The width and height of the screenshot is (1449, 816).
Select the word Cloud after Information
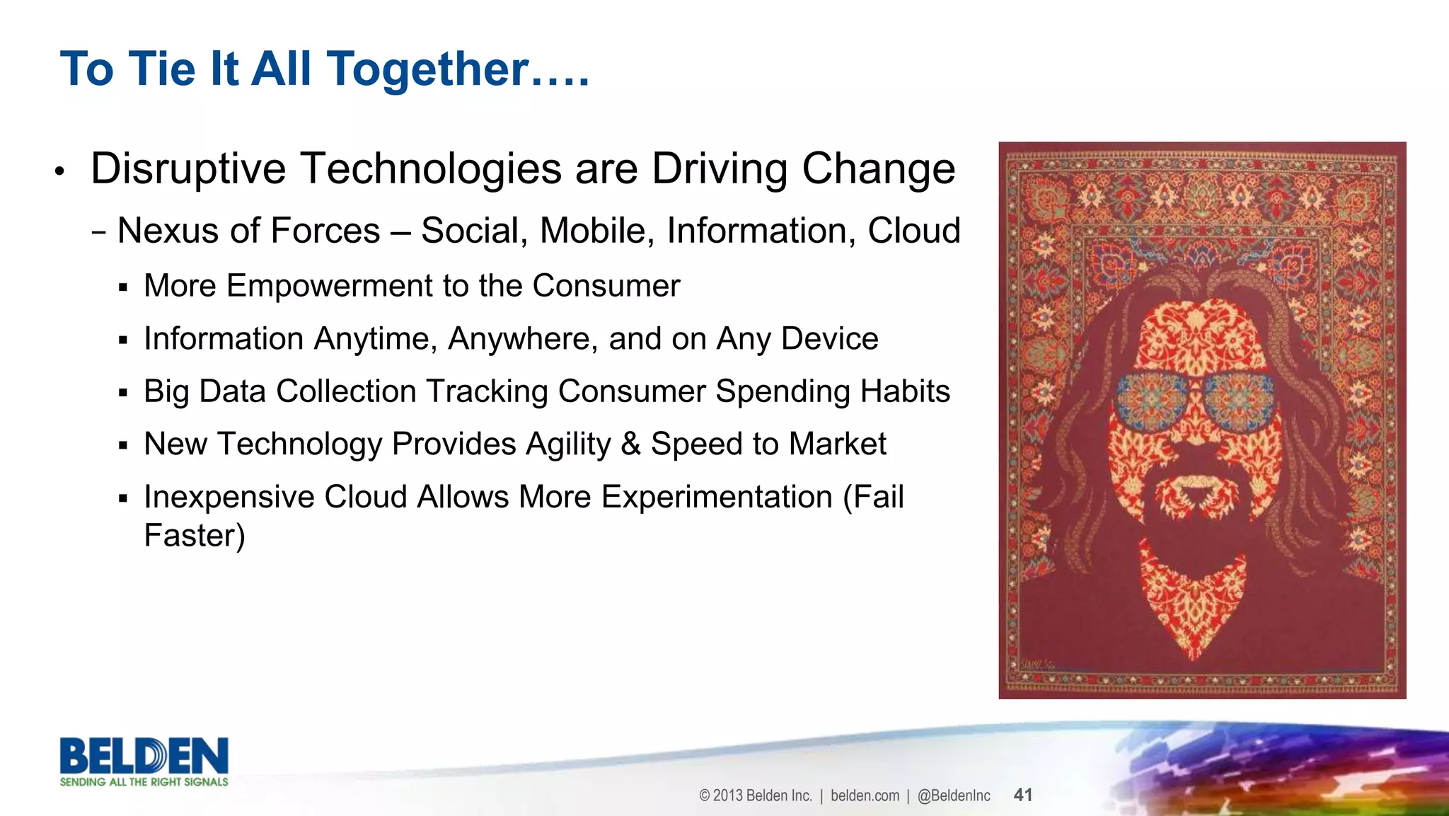tap(914, 231)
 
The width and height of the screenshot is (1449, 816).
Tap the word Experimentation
tap(717, 497)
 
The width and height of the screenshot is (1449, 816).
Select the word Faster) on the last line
tap(194, 536)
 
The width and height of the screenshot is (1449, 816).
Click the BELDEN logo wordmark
tap(144, 756)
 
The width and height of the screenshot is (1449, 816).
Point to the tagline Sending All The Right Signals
tap(144, 782)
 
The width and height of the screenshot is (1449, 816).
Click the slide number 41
tap(1023, 795)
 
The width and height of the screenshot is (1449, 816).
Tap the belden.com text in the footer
tap(865, 795)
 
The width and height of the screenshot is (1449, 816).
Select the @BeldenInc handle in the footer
tap(954, 795)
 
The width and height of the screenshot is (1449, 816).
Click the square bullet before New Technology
tap(123, 446)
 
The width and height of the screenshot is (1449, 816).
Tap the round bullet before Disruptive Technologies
tap(60, 171)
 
